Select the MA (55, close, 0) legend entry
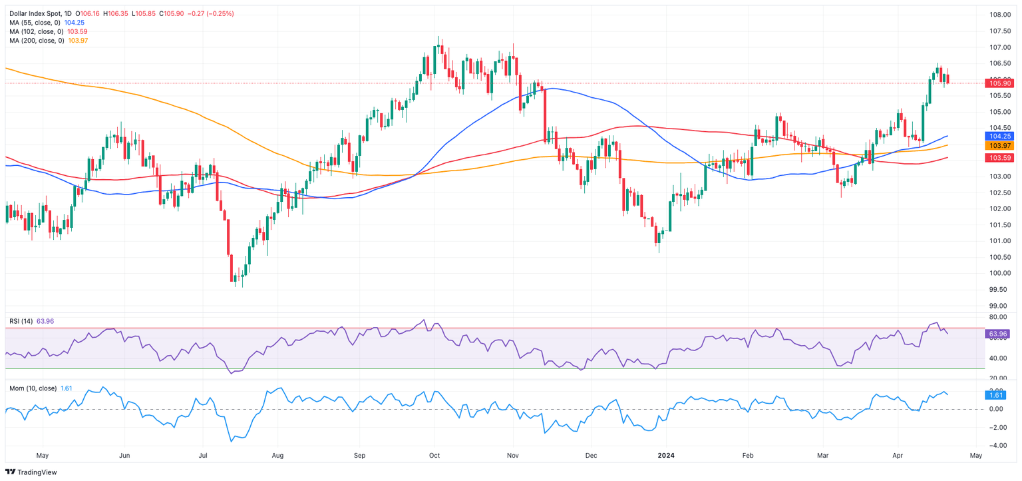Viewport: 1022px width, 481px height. click(x=35, y=23)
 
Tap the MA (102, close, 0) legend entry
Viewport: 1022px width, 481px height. click(x=37, y=31)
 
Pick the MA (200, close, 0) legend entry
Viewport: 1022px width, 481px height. click(x=37, y=41)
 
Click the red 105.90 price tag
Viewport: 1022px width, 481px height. click(x=999, y=83)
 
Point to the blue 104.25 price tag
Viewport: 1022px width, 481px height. click(x=999, y=136)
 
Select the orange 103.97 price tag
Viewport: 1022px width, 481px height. click(x=999, y=145)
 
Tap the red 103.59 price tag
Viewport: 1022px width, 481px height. click(x=999, y=157)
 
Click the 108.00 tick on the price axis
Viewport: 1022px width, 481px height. click(x=999, y=15)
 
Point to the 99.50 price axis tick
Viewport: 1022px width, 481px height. click(x=999, y=289)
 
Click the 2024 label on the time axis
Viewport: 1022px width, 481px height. click(x=667, y=456)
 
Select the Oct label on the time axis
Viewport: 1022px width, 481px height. click(x=434, y=456)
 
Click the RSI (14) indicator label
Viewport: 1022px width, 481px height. click(x=21, y=321)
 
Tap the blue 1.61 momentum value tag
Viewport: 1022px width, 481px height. click(x=998, y=395)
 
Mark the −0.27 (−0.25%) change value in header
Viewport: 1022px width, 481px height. click(x=207, y=13)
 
